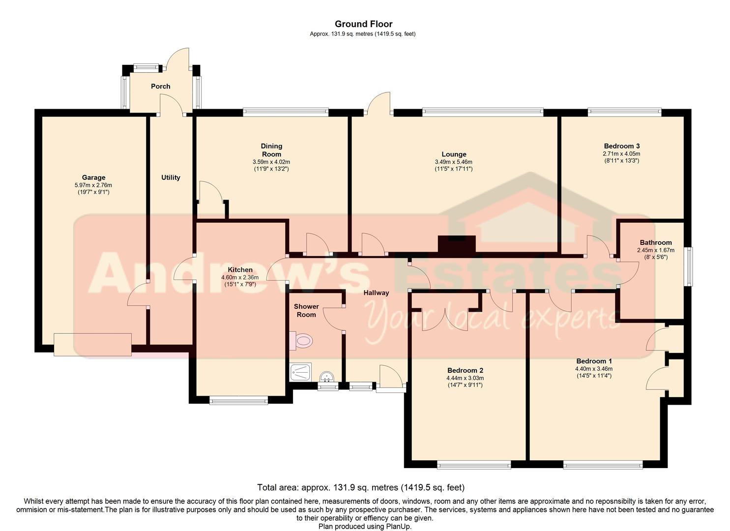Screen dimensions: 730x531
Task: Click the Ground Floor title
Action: click(x=363, y=24)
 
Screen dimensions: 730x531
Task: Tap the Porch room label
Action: click(x=160, y=87)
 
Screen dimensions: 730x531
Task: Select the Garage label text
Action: click(x=93, y=177)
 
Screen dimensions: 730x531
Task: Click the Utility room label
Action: click(x=171, y=177)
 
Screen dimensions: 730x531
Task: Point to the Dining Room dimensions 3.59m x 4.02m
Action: click(x=271, y=162)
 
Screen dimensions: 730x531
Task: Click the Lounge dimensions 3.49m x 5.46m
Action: click(x=454, y=162)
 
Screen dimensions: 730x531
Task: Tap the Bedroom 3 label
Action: click(x=622, y=146)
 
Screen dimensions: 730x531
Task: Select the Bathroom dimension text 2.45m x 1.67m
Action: click(x=656, y=250)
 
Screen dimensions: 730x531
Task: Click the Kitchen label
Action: click(x=240, y=269)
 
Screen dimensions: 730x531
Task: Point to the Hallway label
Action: click(x=377, y=293)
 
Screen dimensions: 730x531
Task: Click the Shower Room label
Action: click(x=306, y=310)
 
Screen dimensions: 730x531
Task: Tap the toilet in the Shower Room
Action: click(x=301, y=341)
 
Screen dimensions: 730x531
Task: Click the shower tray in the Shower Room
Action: click(x=300, y=372)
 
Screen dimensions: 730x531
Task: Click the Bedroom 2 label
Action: click(x=465, y=370)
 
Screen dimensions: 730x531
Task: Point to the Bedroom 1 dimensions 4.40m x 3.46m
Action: click(x=594, y=369)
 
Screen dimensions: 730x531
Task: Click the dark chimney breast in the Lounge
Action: click(x=457, y=244)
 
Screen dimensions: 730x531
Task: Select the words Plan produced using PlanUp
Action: click(x=365, y=526)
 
